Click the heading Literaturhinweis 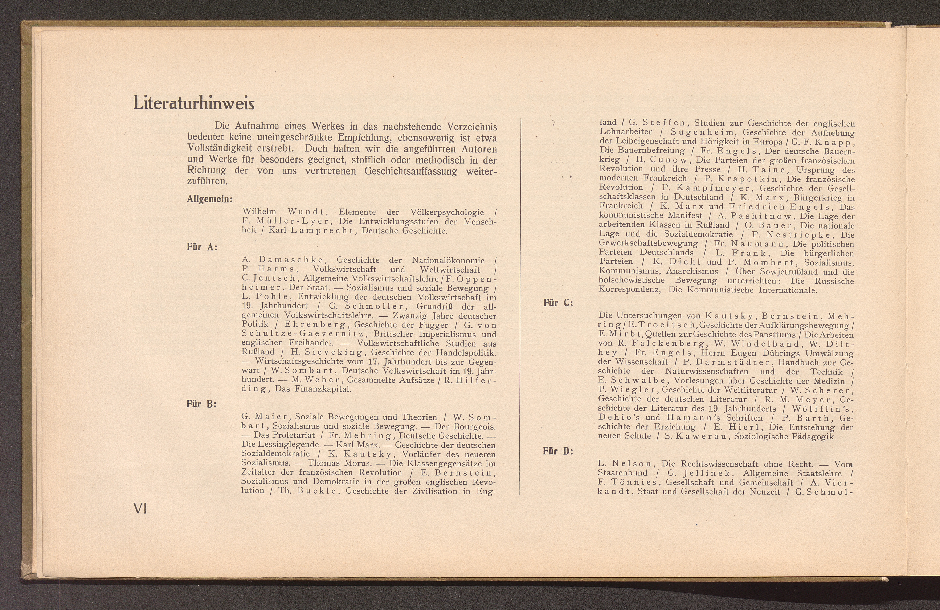tap(194, 103)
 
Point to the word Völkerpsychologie tap(447, 212)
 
